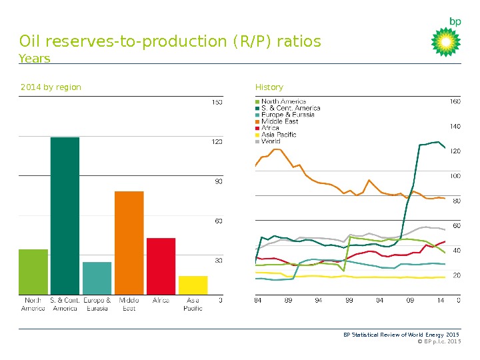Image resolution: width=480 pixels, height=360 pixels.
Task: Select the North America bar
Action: [x=33, y=271]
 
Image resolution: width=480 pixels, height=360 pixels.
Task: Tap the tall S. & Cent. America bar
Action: [x=65, y=215]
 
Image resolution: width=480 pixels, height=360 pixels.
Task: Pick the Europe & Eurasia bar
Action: [x=97, y=278]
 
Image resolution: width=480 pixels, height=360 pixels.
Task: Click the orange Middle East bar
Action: [x=129, y=243]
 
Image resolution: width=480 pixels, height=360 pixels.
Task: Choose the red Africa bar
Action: [x=161, y=265]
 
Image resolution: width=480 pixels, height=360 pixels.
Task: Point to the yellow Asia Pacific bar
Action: [x=193, y=285]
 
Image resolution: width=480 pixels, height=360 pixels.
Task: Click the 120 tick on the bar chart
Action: [x=217, y=141]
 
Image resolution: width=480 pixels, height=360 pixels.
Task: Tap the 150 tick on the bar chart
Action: [x=217, y=102]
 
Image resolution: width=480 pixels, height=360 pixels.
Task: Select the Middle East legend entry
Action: [x=279, y=121]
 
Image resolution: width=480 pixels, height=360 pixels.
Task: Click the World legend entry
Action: [x=271, y=141]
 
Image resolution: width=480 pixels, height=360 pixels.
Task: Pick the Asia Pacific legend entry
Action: [x=279, y=135]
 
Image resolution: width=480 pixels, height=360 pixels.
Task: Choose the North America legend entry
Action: [x=283, y=101]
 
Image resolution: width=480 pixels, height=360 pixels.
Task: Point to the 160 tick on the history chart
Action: [x=455, y=102]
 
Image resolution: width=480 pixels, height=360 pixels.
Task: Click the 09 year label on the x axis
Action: [x=410, y=300]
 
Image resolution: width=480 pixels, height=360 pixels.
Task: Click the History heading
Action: [x=269, y=87]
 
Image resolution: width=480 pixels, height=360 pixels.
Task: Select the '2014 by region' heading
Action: [x=51, y=87]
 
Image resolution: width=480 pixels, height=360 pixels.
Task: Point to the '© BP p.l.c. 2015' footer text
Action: [x=438, y=341]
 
